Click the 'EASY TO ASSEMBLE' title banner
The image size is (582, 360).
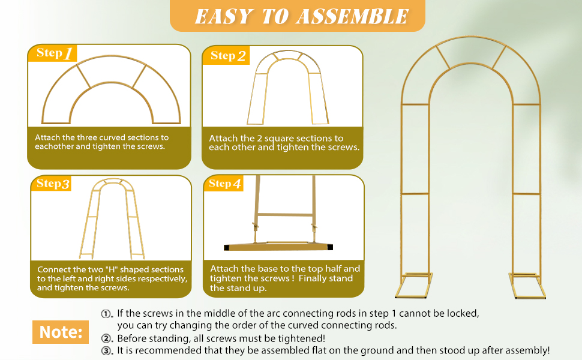click(298, 16)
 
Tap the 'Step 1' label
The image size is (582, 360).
click(54, 53)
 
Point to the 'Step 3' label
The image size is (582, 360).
click(53, 184)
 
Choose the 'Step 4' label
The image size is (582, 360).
click(224, 184)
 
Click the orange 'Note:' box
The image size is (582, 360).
click(60, 332)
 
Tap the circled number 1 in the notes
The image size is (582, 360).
click(107, 314)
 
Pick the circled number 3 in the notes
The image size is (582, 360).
click(107, 351)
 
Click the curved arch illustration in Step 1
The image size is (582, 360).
click(110, 90)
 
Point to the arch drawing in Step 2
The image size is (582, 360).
click(289, 87)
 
